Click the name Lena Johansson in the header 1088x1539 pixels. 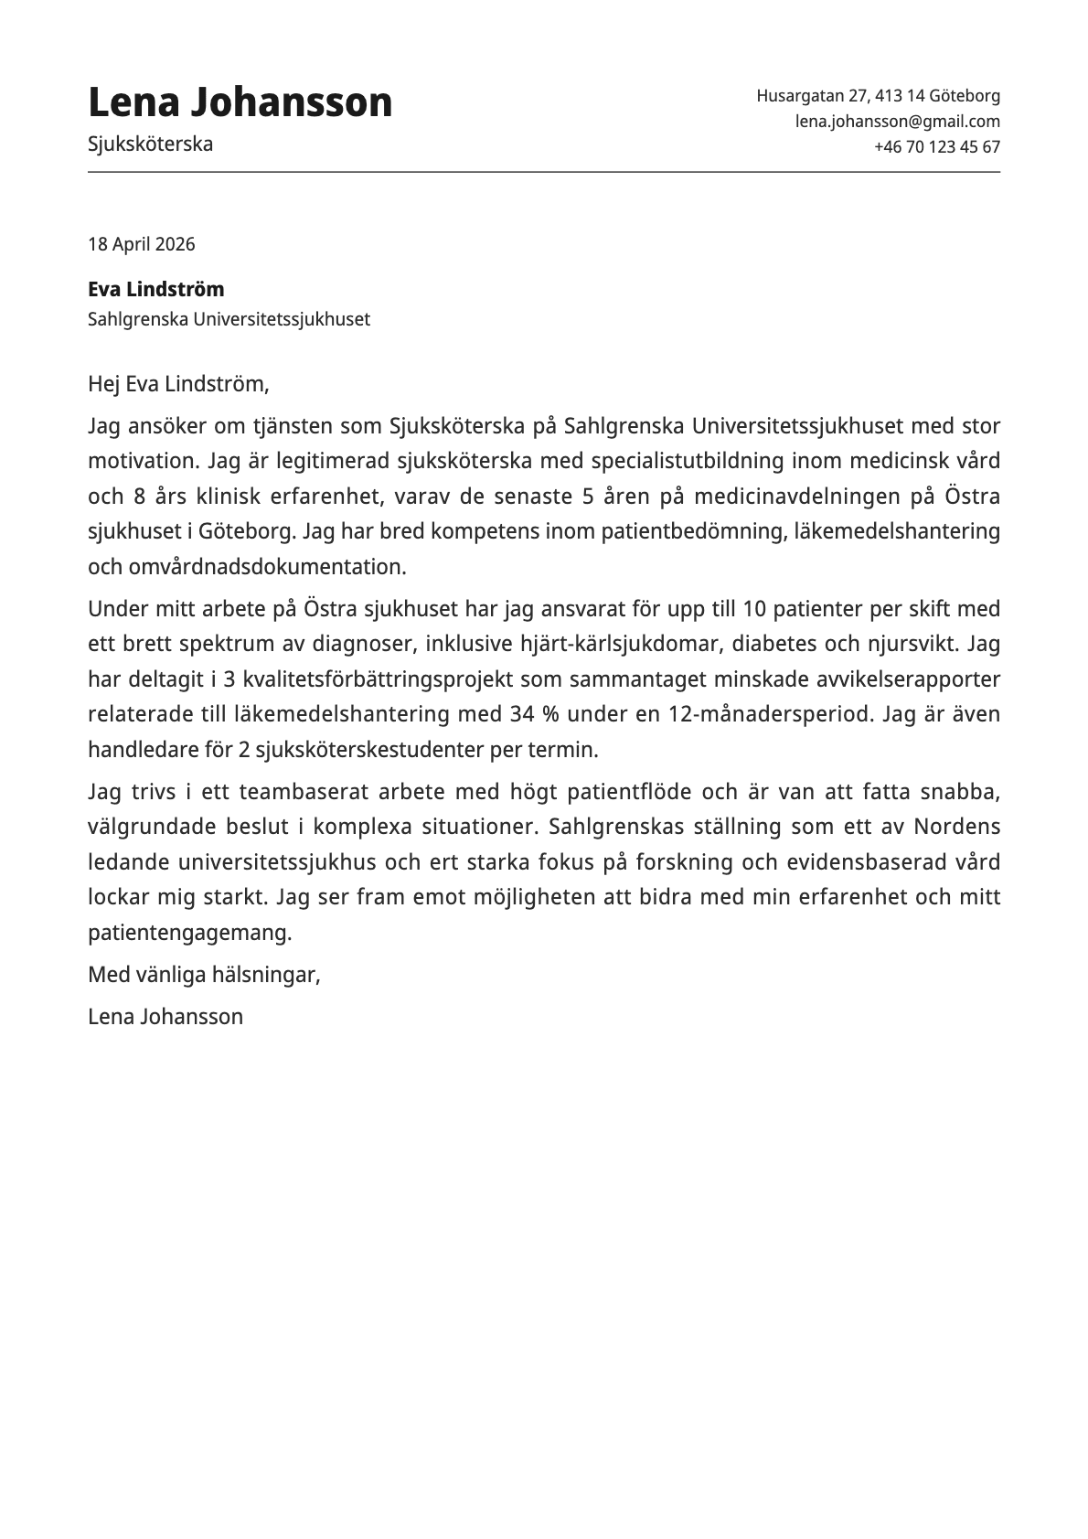240,102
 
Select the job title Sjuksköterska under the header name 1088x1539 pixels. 150,144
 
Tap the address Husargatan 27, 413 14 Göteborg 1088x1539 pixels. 878,96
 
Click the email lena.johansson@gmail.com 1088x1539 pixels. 897,122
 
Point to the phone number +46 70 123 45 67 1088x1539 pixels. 936,147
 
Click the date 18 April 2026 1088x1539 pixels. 141,244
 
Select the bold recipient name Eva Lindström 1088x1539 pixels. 155,290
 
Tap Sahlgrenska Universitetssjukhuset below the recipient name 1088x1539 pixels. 229,320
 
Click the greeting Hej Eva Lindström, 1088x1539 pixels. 178,384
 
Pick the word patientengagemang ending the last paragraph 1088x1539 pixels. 188,934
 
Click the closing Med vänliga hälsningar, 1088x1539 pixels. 204,975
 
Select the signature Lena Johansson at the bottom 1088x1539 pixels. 165,1017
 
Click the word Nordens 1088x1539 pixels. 956,828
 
